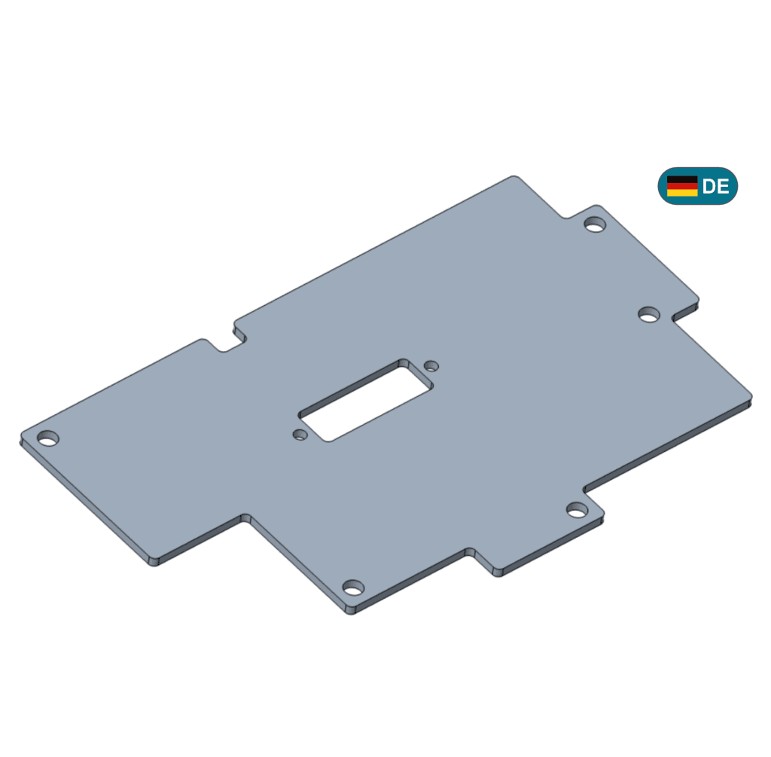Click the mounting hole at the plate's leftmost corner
[48, 438]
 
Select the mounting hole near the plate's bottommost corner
[353, 588]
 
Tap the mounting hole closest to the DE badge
[595, 224]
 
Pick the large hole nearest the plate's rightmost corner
[649, 314]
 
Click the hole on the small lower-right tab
[577, 510]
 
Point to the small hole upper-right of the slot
[431, 365]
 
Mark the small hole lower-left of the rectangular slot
[300, 435]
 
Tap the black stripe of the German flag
[682, 179]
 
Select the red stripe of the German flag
[682, 186]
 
